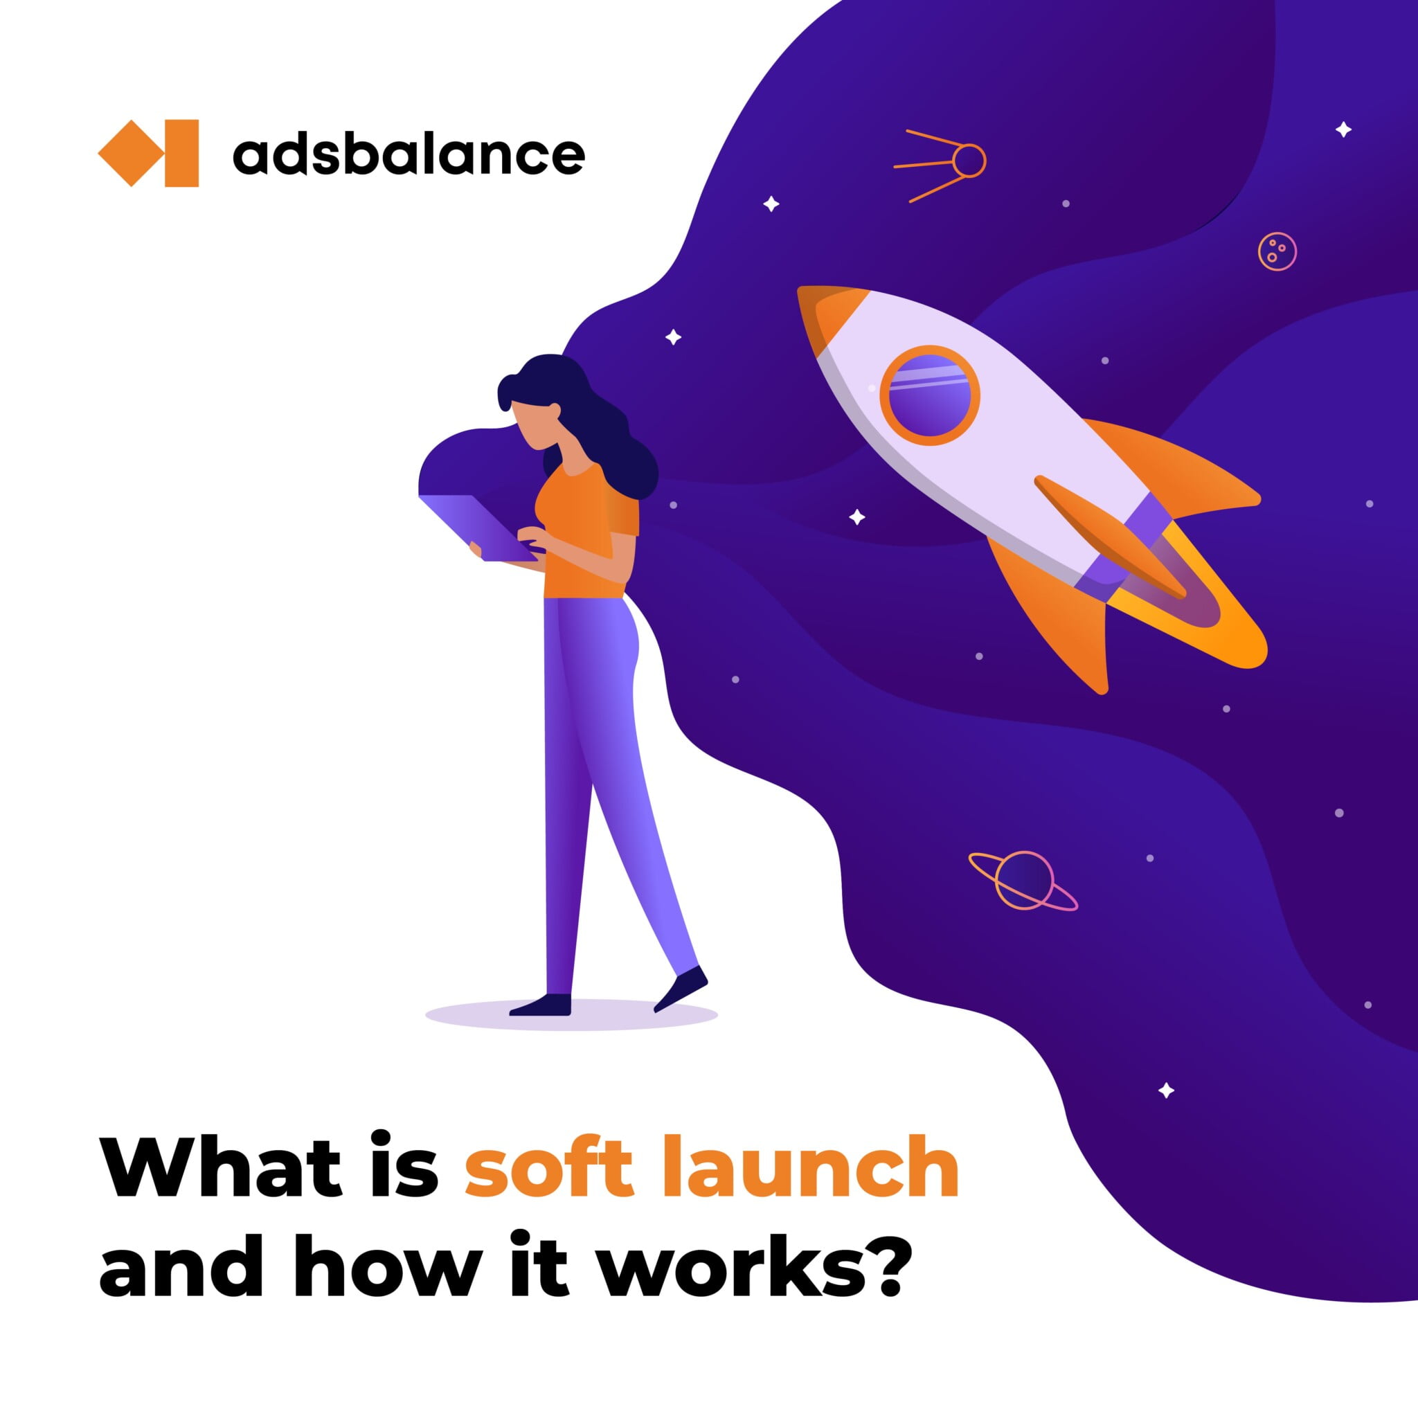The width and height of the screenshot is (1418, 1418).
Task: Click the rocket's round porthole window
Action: click(929, 395)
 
